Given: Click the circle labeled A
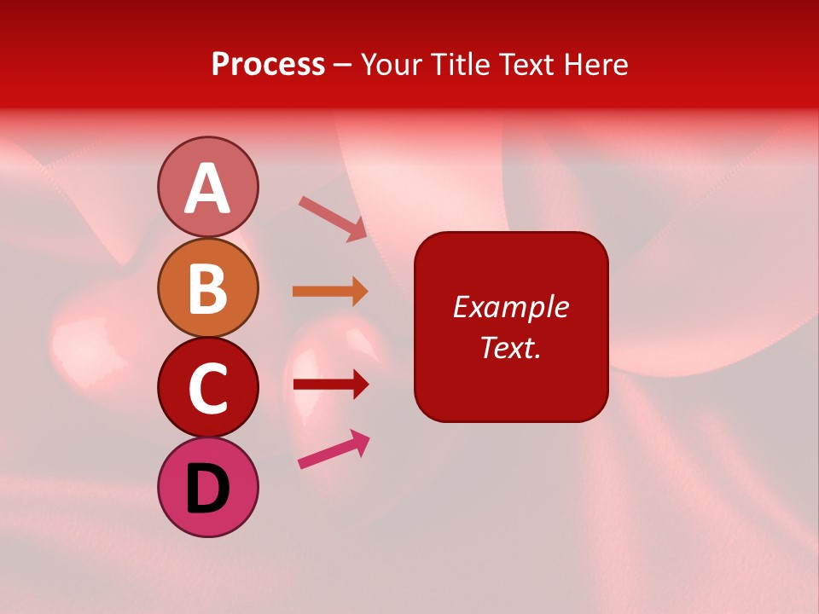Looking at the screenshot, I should pyautogui.click(x=207, y=187).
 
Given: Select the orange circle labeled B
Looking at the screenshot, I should pyautogui.click(x=207, y=287).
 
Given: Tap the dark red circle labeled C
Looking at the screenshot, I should pyautogui.click(x=207, y=387).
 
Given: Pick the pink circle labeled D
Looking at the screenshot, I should pyautogui.click(x=207, y=487).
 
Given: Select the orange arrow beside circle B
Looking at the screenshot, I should pyautogui.click(x=330, y=292).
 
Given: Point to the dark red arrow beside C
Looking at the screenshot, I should pyautogui.click(x=330, y=384).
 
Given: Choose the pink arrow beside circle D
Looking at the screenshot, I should pyautogui.click(x=334, y=449).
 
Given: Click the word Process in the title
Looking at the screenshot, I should pyautogui.click(x=268, y=65).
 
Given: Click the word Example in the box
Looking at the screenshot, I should pyautogui.click(x=510, y=307).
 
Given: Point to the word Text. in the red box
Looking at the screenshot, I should pyautogui.click(x=510, y=347).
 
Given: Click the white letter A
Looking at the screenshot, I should pyautogui.click(x=207, y=188).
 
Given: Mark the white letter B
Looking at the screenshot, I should pyautogui.click(x=207, y=288).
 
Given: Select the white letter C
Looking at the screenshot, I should pyautogui.click(x=207, y=388).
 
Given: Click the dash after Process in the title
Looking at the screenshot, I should pyautogui.click(x=343, y=66).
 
